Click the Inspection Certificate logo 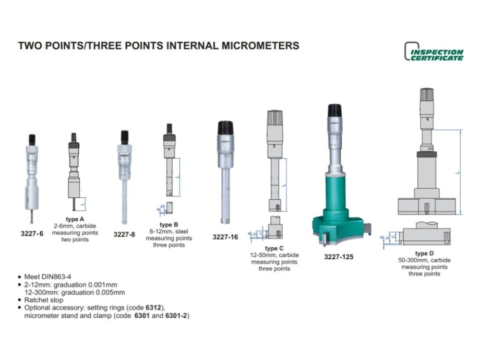pyautogui.click(x=434, y=52)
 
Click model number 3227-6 pyautogui.click(x=32, y=234)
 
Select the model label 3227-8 pyautogui.click(x=124, y=234)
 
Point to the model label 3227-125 pyautogui.click(x=338, y=257)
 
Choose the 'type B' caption pyautogui.click(x=168, y=225)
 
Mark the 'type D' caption pyautogui.click(x=424, y=253)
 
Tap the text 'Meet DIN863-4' pyautogui.click(x=47, y=277)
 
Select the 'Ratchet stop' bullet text pyautogui.click(x=44, y=300)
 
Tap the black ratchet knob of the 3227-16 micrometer pyautogui.click(x=225, y=128)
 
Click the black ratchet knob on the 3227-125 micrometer pyautogui.click(x=335, y=110)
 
